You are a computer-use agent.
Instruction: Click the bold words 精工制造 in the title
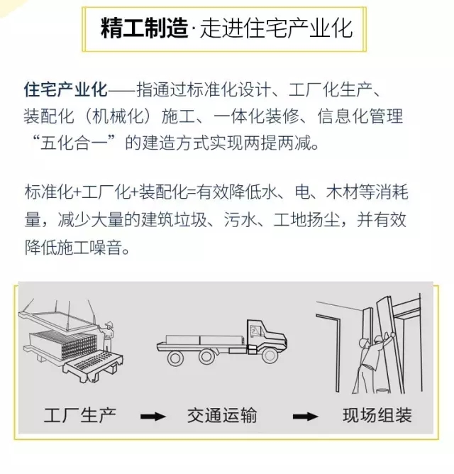145,29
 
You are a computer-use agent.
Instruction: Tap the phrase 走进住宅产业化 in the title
276,29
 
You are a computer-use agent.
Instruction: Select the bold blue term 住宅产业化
65,89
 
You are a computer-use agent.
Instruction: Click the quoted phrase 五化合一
74,143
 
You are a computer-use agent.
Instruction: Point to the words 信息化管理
360,116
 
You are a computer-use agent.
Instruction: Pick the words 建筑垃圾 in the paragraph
175,220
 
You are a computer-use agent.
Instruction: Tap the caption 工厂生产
80,415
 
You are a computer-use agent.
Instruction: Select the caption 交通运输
222,415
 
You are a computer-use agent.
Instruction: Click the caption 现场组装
377,415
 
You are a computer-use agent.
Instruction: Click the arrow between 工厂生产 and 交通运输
153,417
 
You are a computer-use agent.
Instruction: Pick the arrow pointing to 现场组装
305,417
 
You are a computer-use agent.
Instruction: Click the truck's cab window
255,331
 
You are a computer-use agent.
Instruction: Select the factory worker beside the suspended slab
107,336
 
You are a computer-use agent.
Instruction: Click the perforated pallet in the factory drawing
93,365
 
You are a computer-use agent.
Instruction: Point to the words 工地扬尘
306,220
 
